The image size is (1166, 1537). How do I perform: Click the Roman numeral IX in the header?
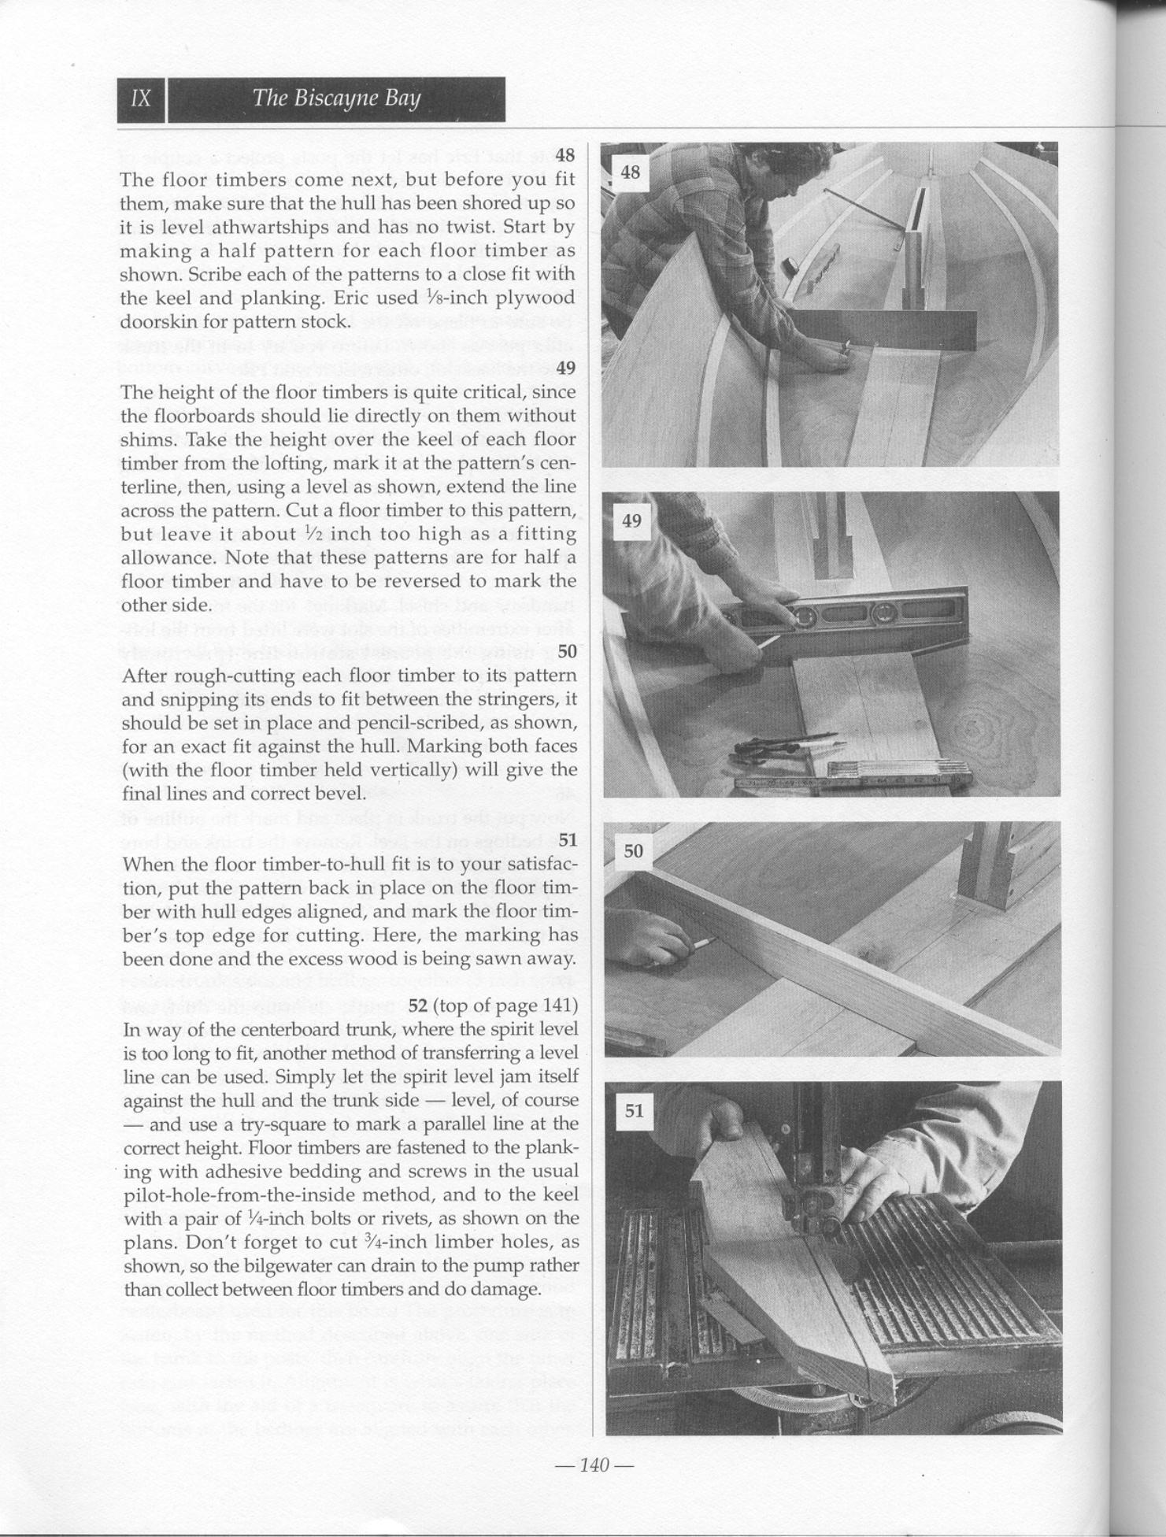point(142,99)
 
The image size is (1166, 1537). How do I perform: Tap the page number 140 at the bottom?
point(594,1465)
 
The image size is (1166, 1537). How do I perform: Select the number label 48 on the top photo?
point(631,172)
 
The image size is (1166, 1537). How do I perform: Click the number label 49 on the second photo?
point(631,520)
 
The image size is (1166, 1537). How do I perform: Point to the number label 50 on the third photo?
point(633,851)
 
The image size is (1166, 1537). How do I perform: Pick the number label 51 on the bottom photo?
point(634,1111)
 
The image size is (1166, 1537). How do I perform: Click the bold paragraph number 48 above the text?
point(565,155)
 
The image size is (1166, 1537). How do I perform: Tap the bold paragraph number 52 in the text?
point(417,1006)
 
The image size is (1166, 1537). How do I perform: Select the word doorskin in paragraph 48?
point(153,322)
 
